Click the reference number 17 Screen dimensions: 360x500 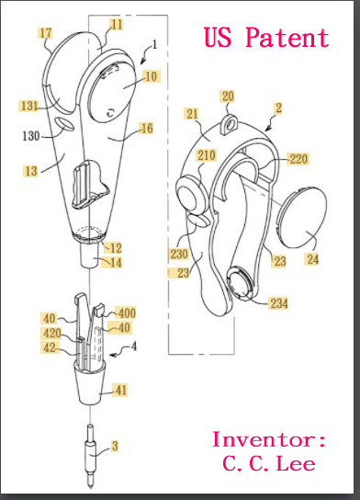(x=46, y=33)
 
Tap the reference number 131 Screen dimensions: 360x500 (x=29, y=106)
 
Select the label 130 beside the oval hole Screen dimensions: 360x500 (x=30, y=136)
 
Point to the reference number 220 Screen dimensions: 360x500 (x=298, y=159)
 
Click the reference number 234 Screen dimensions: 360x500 (x=279, y=303)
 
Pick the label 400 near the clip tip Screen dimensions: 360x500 (x=127, y=313)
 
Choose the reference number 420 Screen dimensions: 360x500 (x=52, y=334)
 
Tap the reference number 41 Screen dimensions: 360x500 (x=120, y=391)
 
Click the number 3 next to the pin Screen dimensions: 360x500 (x=115, y=446)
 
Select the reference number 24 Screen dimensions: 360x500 (x=312, y=259)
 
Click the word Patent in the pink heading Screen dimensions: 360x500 (x=287, y=37)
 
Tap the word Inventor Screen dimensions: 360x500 (x=264, y=439)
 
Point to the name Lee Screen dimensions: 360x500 (x=296, y=463)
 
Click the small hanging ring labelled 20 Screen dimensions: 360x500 (x=230, y=124)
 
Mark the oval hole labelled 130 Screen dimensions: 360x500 (x=64, y=124)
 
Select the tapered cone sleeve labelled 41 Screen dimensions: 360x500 (x=91, y=384)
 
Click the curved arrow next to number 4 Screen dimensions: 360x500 (x=118, y=352)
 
